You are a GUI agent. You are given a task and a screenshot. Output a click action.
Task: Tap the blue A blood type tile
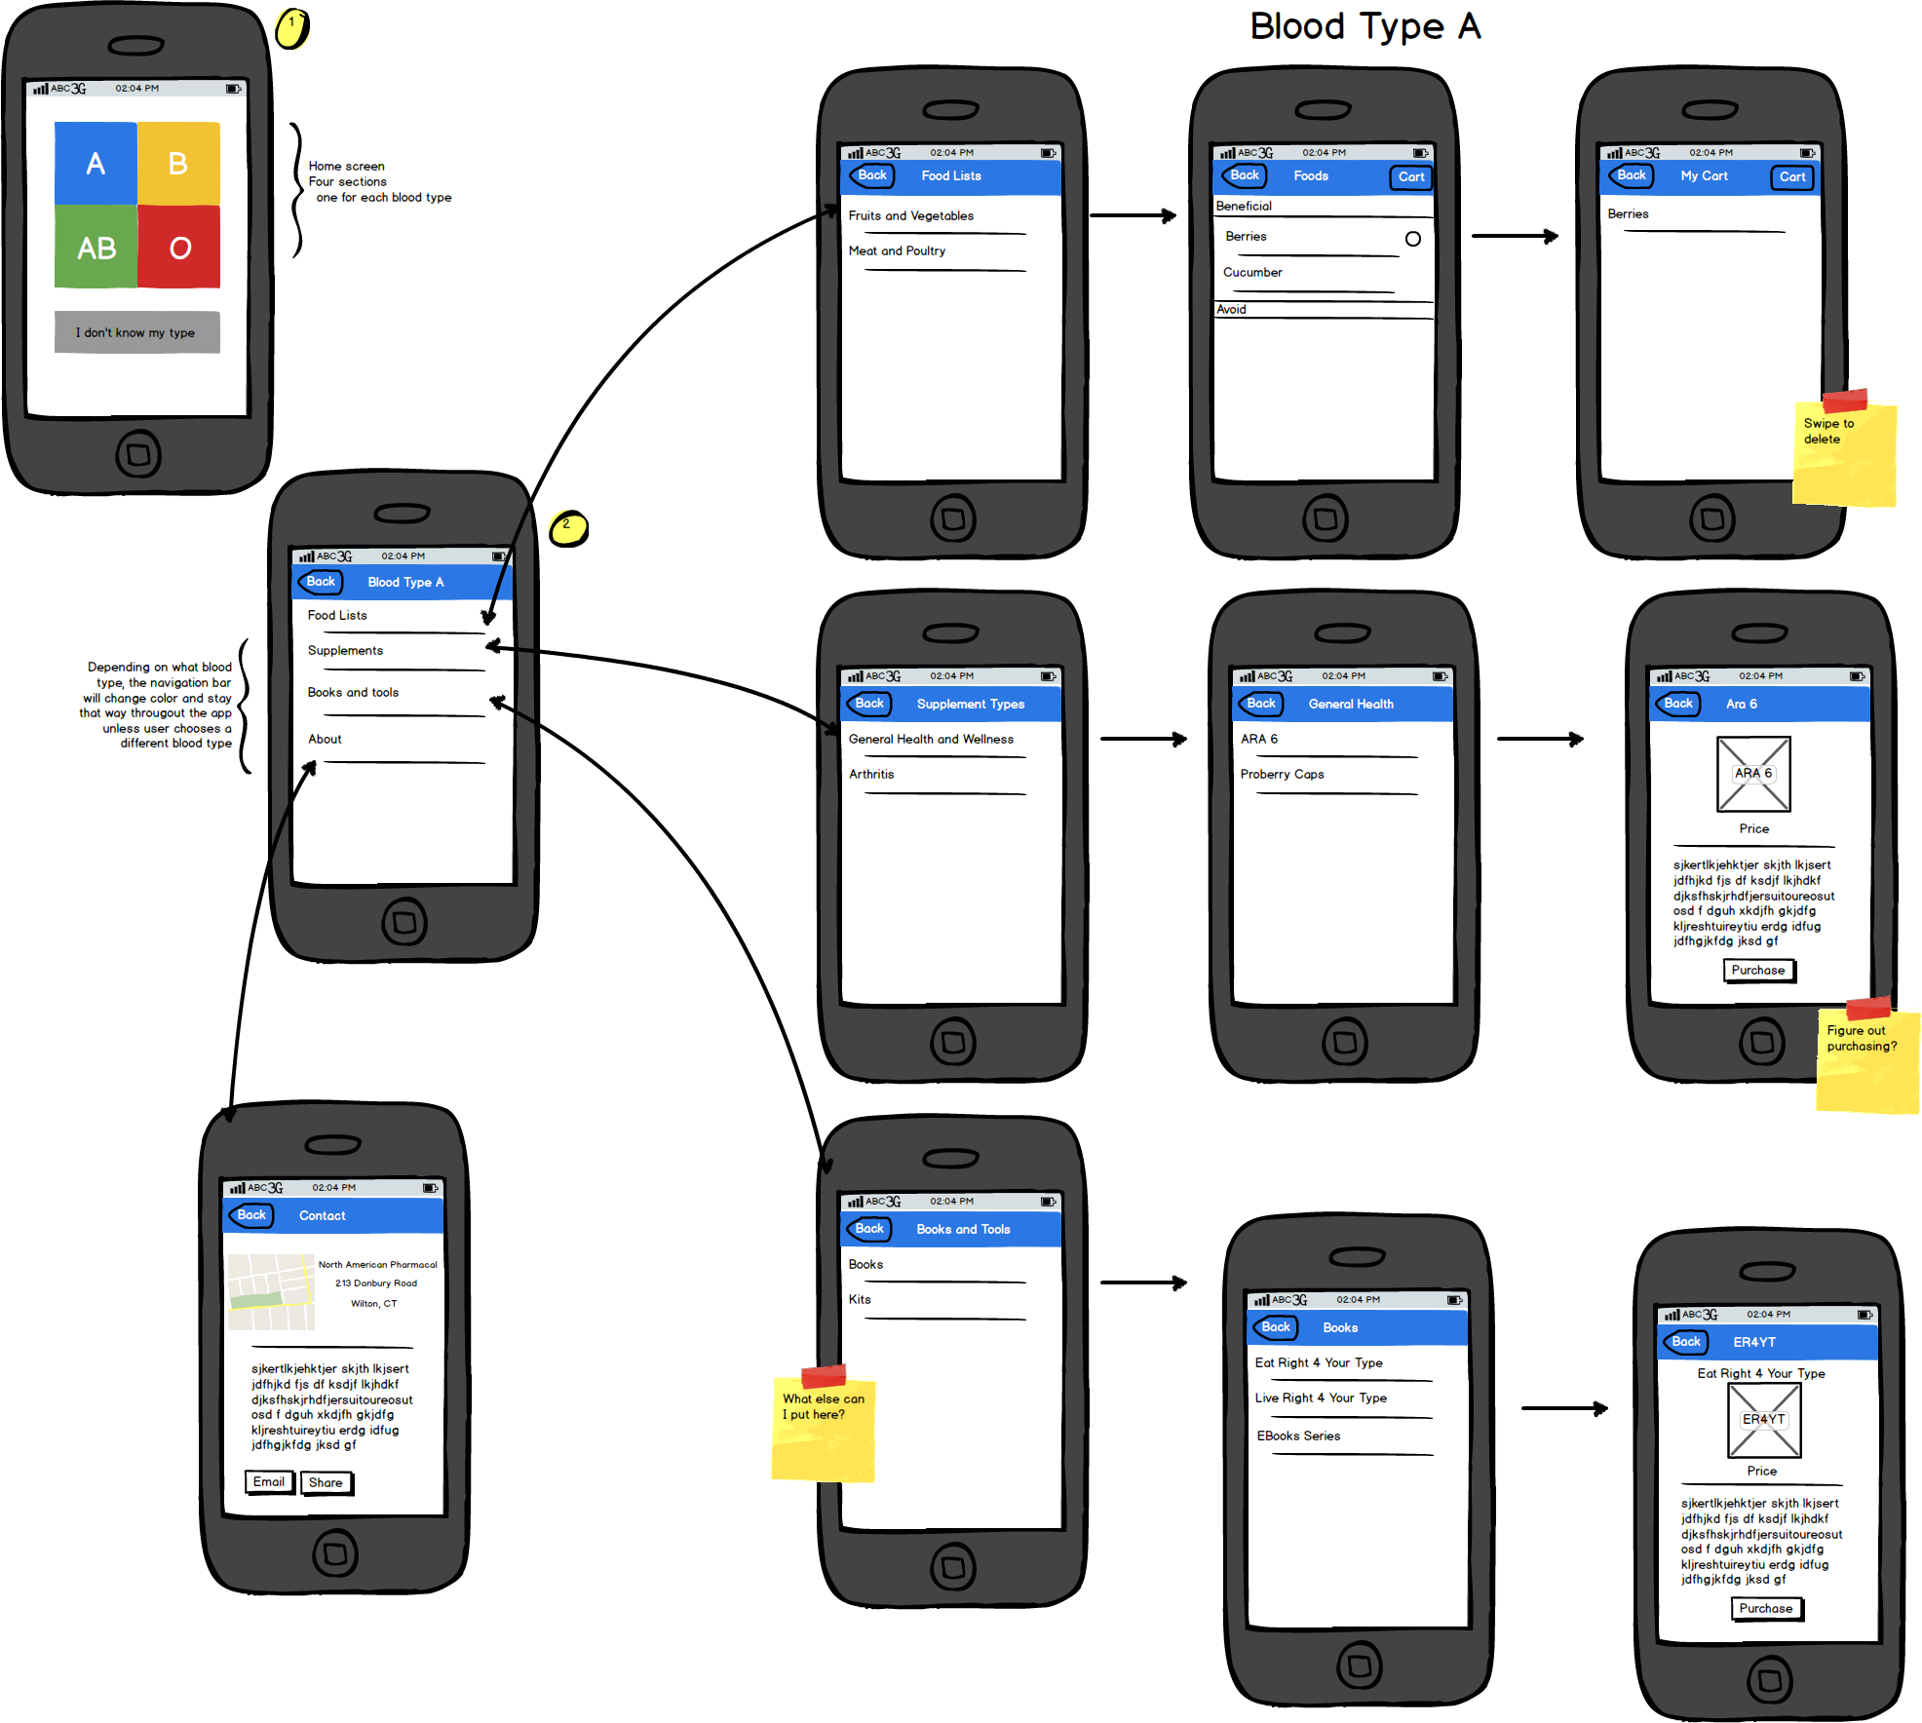(x=96, y=163)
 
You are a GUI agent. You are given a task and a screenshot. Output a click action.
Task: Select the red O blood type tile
(x=179, y=248)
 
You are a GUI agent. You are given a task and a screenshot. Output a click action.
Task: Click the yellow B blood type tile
(x=178, y=163)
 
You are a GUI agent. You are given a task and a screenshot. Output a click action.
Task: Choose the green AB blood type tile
(x=96, y=248)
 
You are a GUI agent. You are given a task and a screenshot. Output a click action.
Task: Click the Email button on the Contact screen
(x=268, y=1482)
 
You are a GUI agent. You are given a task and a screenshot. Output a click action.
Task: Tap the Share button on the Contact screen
(x=326, y=1483)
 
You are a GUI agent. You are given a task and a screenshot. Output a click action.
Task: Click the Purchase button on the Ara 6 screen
(x=1758, y=971)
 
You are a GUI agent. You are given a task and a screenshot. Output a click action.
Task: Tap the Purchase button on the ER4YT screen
(x=1766, y=1609)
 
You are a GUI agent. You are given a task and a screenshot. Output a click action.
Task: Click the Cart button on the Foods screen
(x=1410, y=176)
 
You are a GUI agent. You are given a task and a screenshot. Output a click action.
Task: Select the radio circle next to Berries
(x=1412, y=239)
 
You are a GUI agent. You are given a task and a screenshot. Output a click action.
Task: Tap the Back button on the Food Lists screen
(x=871, y=175)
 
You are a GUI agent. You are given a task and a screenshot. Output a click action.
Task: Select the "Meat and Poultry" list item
(x=897, y=251)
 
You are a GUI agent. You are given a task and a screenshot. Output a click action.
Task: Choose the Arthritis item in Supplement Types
(x=871, y=775)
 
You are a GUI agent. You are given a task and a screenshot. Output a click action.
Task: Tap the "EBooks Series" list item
(x=1298, y=1436)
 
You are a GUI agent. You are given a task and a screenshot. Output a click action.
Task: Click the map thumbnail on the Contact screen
(x=271, y=1292)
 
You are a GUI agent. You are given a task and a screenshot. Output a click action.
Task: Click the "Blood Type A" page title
(x=1365, y=26)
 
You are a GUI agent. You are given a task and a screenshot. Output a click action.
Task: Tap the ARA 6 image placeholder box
(x=1752, y=775)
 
